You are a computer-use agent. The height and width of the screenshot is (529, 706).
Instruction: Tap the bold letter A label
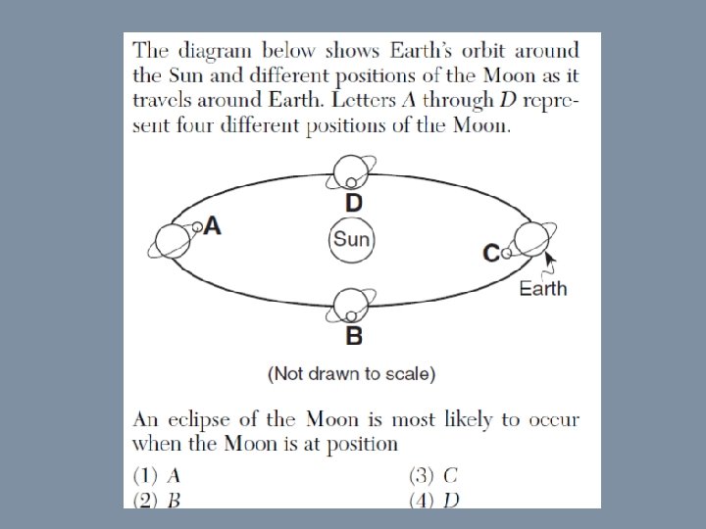coord(213,226)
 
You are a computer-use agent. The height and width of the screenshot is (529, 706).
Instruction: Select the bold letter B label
coord(354,337)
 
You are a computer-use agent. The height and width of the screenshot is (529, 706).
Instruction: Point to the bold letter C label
coord(491,253)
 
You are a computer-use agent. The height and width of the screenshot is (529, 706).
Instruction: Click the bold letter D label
coord(354,203)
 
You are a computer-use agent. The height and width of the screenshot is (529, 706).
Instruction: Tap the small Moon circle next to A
coord(197,227)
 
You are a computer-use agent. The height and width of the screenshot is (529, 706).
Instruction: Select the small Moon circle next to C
coord(506,253)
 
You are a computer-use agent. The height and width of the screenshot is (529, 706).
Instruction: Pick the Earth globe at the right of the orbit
coord(531,239)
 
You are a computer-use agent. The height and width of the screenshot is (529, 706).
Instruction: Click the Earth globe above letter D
coord(350,171)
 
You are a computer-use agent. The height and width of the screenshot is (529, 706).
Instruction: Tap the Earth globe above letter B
coord(350,306)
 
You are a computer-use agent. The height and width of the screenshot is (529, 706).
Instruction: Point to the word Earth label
coord(543,288)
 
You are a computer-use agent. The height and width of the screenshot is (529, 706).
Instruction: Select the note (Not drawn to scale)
coord(351,373)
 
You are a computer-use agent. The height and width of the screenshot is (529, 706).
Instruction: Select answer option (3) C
coord(432,477)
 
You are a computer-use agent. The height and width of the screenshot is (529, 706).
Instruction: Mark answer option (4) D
coord(432,500)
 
